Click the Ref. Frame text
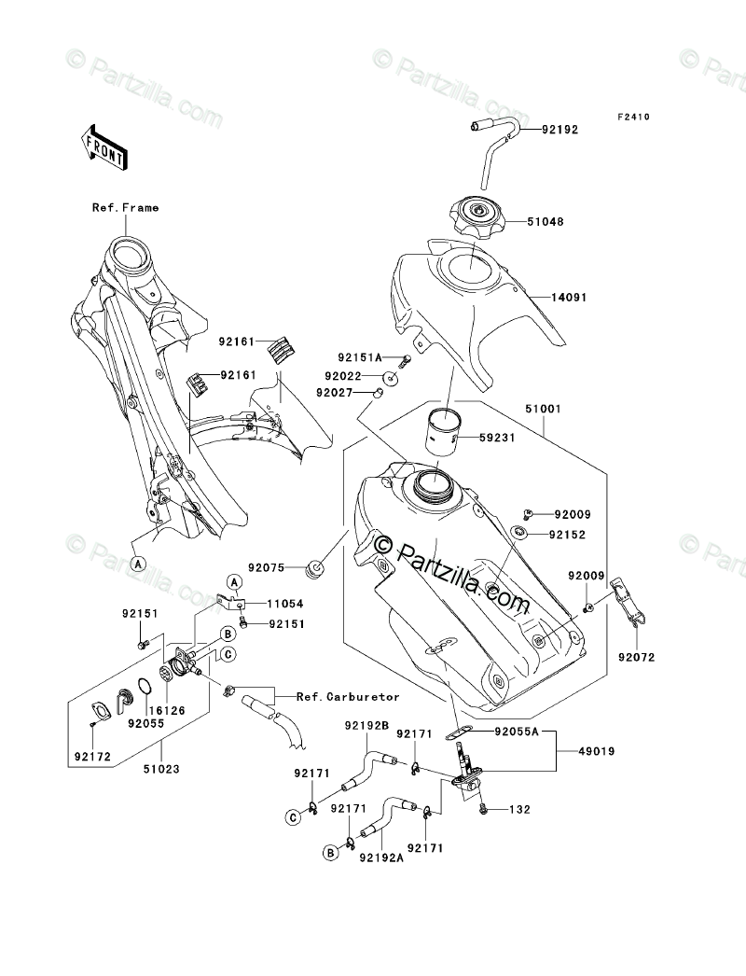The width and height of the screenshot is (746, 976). (x=125, y=207)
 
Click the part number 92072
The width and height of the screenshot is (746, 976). (x=636, y=658)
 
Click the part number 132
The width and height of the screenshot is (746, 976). (x=519, y=809)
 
